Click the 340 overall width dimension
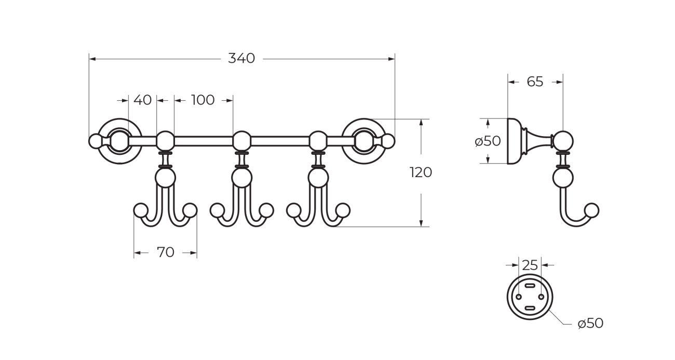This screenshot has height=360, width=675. pos(241,59)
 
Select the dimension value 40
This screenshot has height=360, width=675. pos(142,100)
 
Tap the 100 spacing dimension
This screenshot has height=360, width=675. pos(203,100)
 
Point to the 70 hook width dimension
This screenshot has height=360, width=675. pos(165,253)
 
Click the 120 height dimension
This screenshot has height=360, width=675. pos(421,172)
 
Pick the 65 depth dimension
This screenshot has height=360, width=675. pos(535,82)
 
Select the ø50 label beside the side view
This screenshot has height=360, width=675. pos(488,141)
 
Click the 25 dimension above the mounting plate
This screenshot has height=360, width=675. pos(530,265)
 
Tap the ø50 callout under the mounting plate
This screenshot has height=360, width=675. pos(590,324)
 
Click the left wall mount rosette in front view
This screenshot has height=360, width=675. pos(119,141)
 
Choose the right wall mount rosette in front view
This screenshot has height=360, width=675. pos(363,141)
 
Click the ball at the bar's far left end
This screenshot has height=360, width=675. pos(95,141)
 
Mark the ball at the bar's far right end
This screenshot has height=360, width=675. pos(388,141)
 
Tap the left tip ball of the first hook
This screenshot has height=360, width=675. pos(140,210)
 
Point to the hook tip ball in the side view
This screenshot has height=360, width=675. pos(591,210)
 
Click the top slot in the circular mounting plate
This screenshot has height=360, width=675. pos(530,286)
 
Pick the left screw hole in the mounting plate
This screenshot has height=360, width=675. pos(518,297)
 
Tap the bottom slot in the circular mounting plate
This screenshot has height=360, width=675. pos(530,308)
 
